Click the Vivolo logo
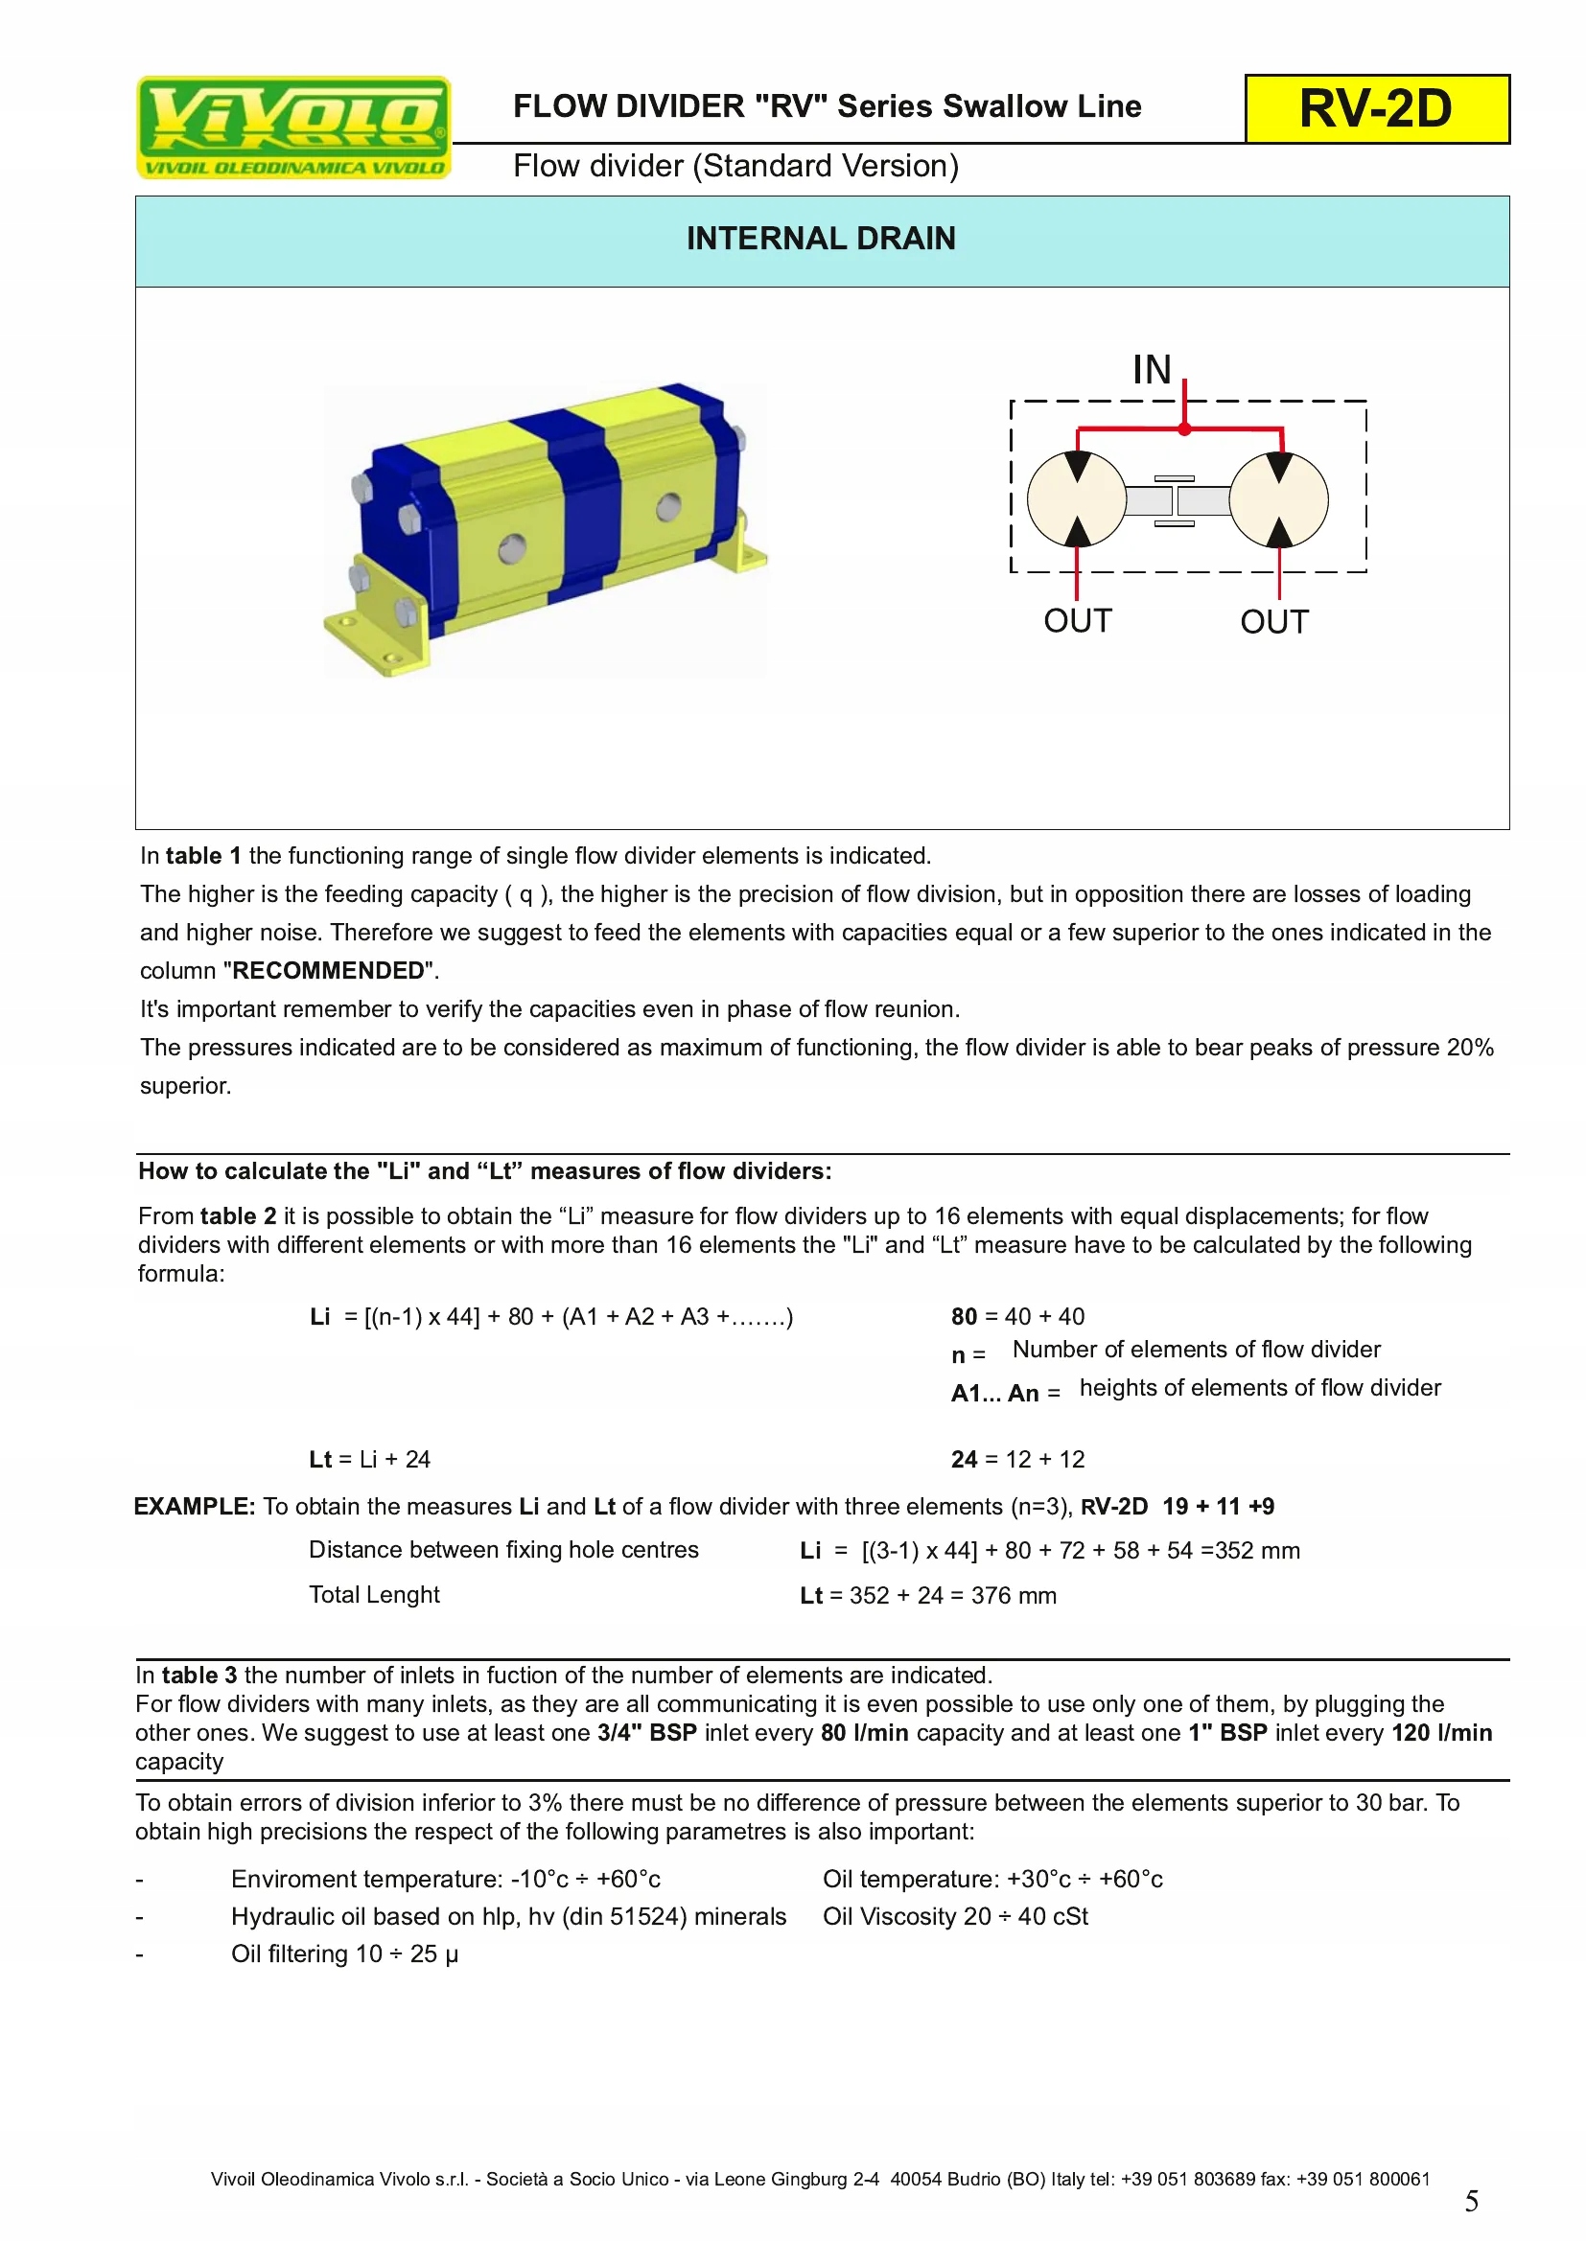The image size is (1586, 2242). point(293,127)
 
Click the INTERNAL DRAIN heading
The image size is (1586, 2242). point(821,239)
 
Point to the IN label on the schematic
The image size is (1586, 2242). point(1152,370)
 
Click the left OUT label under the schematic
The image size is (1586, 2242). point(1077,621)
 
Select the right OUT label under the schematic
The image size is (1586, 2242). point(1273,622)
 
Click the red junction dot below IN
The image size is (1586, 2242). point(1184,428)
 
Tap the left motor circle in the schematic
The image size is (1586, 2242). point(1077,499)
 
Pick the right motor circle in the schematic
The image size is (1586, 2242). point(1278,499)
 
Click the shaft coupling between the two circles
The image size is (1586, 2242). point(1176,501)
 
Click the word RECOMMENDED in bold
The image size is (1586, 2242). point(328,971)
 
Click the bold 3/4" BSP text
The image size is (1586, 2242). point(646,1732)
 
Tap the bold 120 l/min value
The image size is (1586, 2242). point(1441,1732)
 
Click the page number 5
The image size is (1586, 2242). point(1471,2201)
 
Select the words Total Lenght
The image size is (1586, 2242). point(374,1595)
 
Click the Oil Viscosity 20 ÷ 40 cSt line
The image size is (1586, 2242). point(955,1916)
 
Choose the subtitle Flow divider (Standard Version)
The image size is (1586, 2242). point(735,166)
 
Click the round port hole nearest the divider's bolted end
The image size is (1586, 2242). point(512,549)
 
